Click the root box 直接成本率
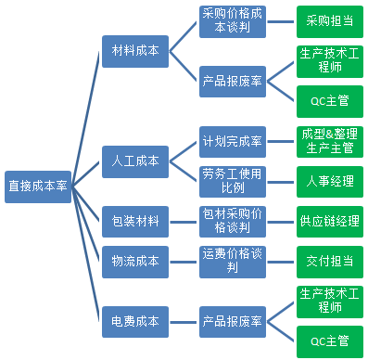(x=37, y=186)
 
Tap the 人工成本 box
(x=134, y=161)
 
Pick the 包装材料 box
(x=134, y=222)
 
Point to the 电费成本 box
(x=134, y=321)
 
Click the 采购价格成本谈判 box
(x=233, y=20)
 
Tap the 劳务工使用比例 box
(x=233, y=180)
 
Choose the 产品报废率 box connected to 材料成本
(x=233, y=82)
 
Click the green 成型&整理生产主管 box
(x=330, y=140)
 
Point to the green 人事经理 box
(x=330, y=181)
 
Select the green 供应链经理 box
(x=330, y=222)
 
